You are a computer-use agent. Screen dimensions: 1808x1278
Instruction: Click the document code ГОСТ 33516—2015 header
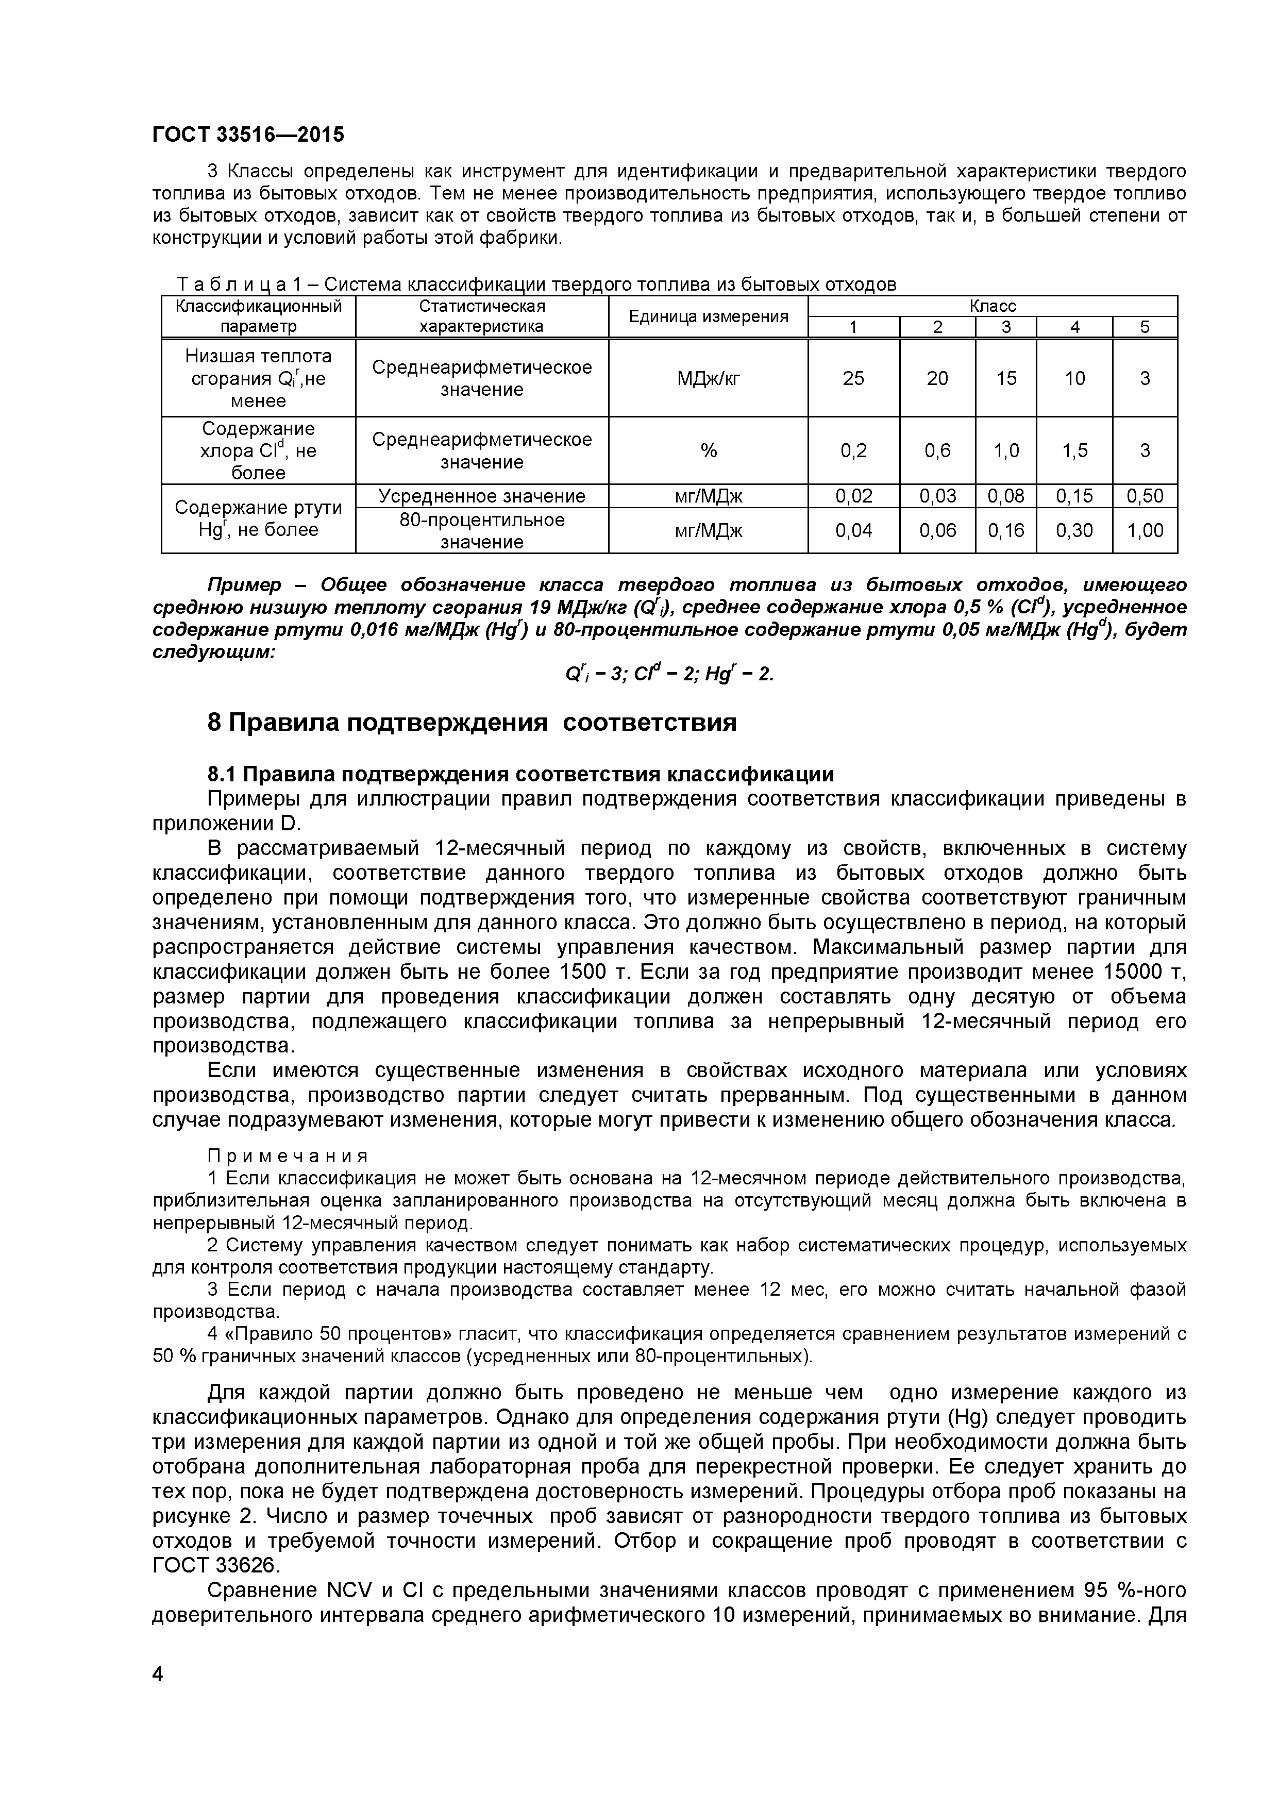pyautogui.click(x=248, y=135)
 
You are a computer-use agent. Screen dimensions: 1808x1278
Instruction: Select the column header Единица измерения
pyautogui.click(x=708, y=316)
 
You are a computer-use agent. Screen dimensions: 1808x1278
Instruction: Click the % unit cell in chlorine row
pyautogui.click(x=708, y=450)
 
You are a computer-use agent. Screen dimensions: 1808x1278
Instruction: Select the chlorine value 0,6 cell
pyautogui.click(x=937, y=450)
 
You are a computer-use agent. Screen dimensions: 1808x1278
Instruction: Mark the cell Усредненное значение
pyautogui.click(x=481, y=496)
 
